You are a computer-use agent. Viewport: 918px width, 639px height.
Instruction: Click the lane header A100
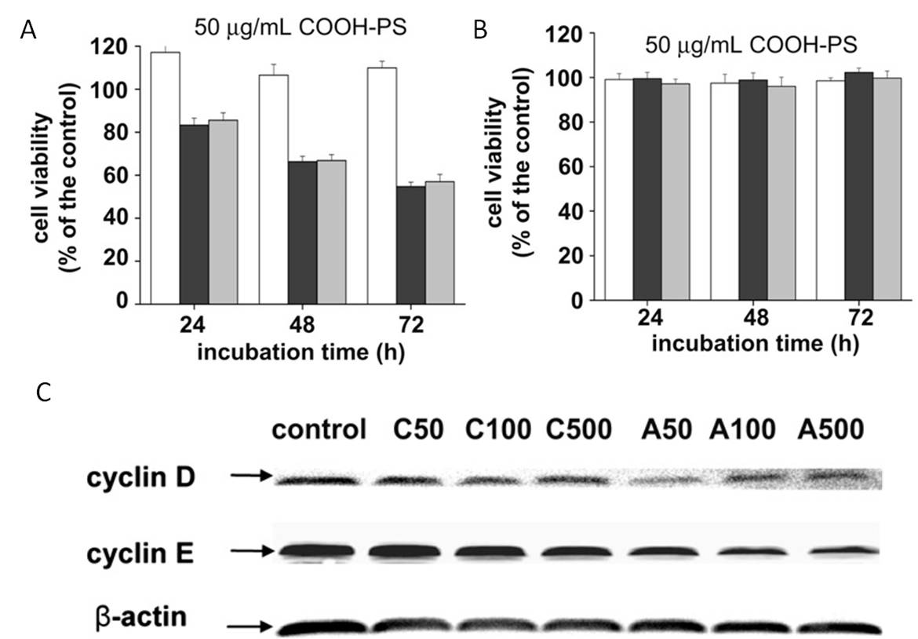[x=743, y=429]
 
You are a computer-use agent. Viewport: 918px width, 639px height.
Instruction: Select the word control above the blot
[x=319, y=430]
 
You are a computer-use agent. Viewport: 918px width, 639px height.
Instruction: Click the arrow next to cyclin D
[x=250, y=475]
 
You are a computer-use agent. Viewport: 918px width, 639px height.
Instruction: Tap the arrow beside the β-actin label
[x=250, y=626]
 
